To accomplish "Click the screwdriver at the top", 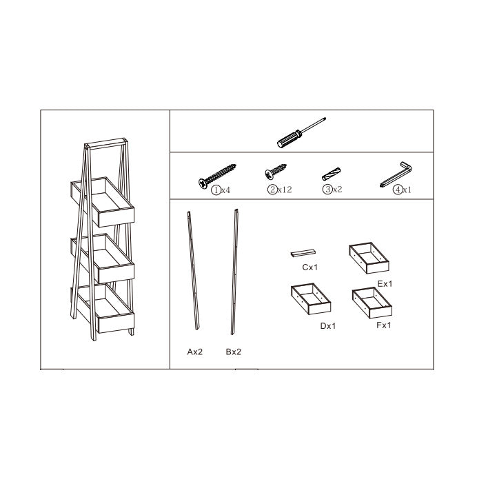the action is coord(301,132).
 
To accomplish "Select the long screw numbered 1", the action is coord(217,176).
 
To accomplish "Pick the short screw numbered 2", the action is coord(275,171).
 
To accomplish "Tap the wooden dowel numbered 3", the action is coord(331,174).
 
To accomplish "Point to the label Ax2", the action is coord(194,352).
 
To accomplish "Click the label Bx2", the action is coord(233,352).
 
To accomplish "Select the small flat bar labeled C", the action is coord(303,253).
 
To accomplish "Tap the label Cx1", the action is coord(309,267).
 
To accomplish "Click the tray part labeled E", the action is coord(369,258).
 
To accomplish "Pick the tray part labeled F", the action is coord(372,303).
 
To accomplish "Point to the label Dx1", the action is coord(328,326).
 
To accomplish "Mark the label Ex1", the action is coord(385,284).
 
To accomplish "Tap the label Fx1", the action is coord(384,325).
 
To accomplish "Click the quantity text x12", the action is coord(285,190).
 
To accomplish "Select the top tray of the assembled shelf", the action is coord(103,202).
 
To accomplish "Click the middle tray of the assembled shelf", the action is coord(103,258).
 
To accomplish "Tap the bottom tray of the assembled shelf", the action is coord(103,309).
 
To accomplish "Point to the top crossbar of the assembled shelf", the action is coord(105,143).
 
